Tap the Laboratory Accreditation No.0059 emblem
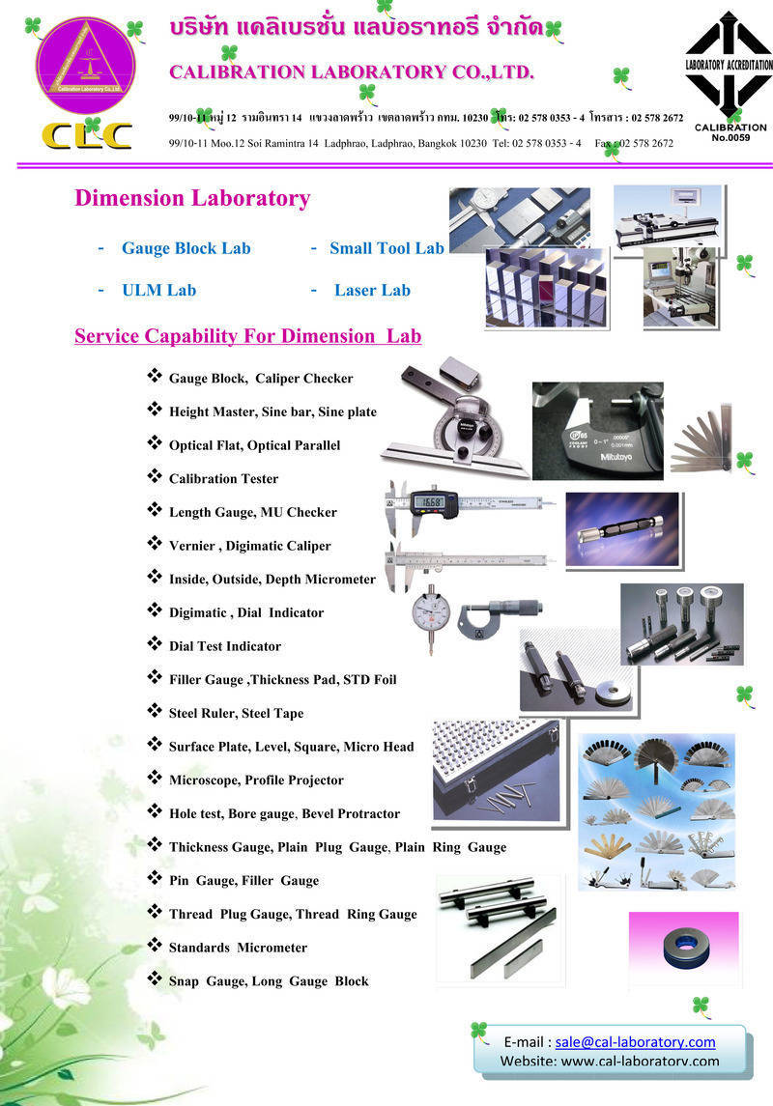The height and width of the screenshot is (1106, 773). [x=730, y=77]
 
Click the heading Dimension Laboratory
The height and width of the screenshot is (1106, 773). [x=192, y=199]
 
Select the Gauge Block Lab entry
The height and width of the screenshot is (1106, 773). [x=186, y=248]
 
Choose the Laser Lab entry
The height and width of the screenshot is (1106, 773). [x=372, y=290]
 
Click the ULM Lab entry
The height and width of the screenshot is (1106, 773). [x=158, y=290]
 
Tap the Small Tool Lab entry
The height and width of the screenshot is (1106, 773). [x=386, y=248]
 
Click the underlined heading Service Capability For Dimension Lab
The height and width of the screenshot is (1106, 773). [x=247, y=336]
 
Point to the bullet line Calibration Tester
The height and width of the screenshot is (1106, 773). [x=223, y=478]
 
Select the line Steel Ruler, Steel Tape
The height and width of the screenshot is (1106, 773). [x=236, y=713]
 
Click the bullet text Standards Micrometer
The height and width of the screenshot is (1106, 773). [x=238, y=948]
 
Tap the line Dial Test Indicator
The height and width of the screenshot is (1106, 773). [x=225, y=646]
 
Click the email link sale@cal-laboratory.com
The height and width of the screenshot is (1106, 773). [x=635, y=1041]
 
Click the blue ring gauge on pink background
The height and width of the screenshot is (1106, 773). [x=683, y=946]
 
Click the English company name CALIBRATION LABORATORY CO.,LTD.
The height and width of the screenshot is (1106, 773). [x=352, y=72]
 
